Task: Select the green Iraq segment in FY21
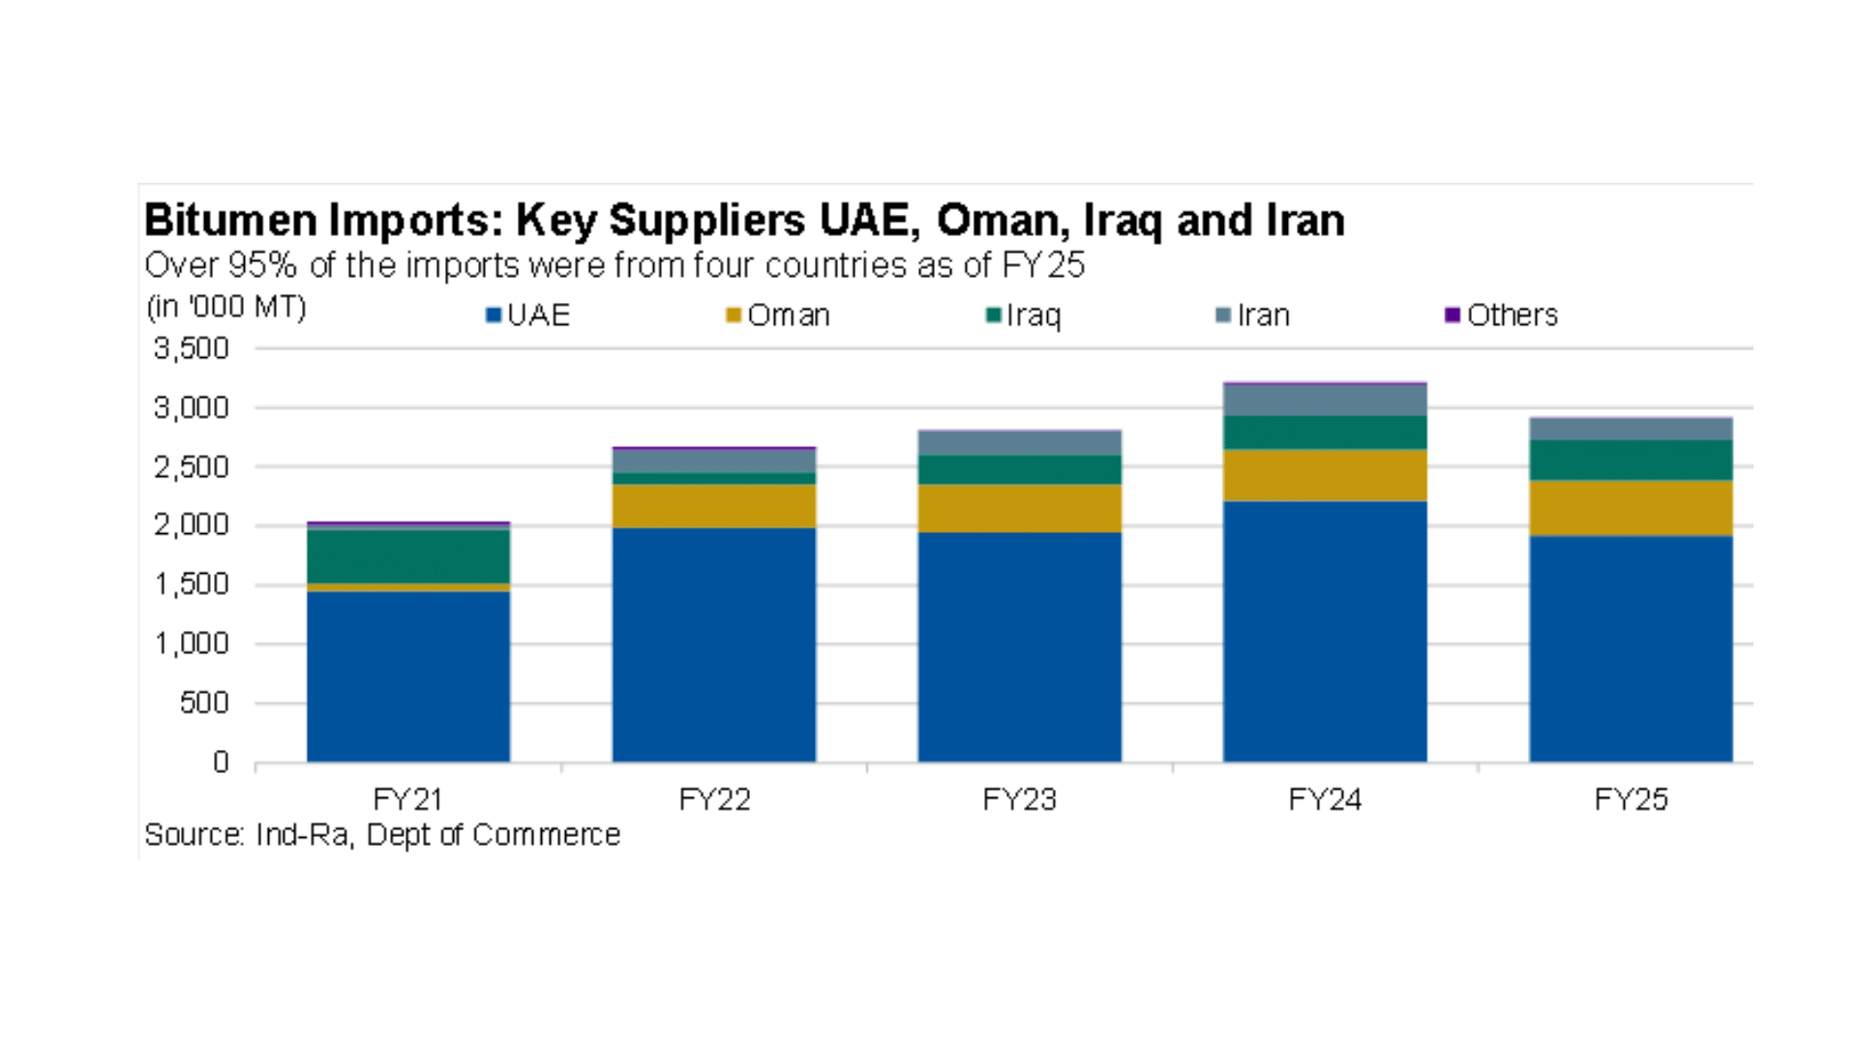[408, 556]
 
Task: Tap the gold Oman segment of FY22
[714, 506]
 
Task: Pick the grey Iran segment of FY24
[1325, 401]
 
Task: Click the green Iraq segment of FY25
[1631, 461]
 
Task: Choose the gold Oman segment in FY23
[1019, 508]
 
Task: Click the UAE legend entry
[528, 315]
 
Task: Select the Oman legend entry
[778, 315]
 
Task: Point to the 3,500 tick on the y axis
[192, 348]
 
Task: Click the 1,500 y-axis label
[192, 584]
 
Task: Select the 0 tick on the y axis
[221, 762]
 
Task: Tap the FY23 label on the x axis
[1019, 799]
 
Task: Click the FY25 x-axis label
[1631, 799]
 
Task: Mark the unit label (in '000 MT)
[226, 307]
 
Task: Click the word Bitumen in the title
[231, 221]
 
